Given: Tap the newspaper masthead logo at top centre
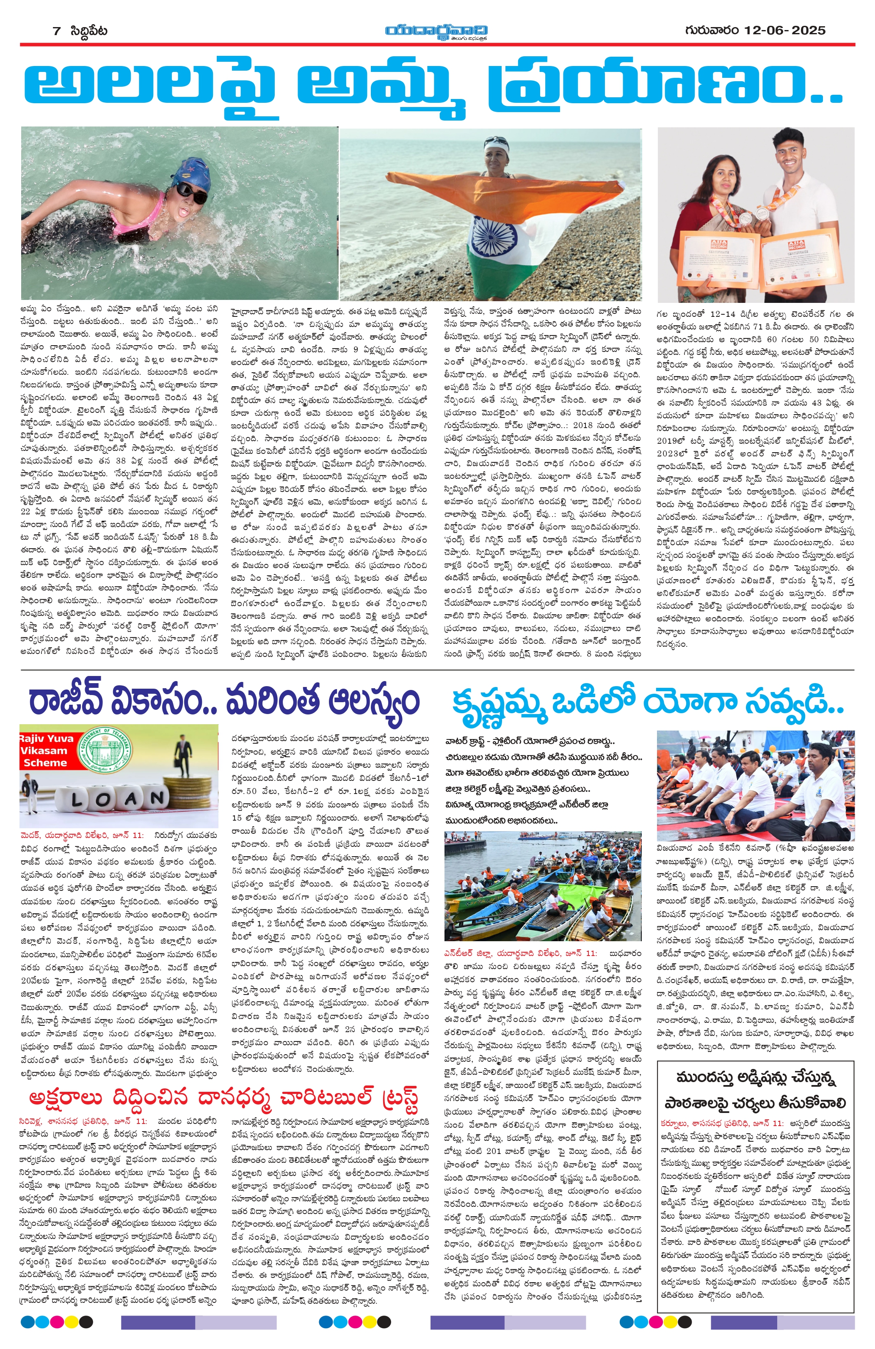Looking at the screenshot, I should pyautogui.click(x=436, y=32).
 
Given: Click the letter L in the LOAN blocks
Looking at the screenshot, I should pyautogui.click(x=78, y=799).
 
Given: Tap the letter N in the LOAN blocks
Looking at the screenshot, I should pyautogui.click(x=153, y=799).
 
